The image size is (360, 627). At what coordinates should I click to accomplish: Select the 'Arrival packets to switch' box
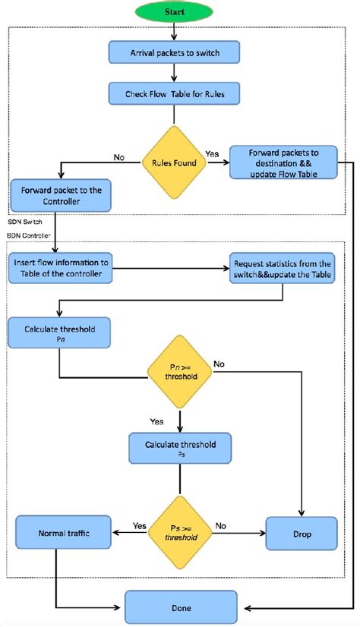pyautogui.click(x=175, y=52)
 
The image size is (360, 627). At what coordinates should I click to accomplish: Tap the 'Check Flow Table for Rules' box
pyautogui.click(x=175, y=95)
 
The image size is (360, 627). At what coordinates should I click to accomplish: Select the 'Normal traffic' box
pyautogui.click(x=64, y=534)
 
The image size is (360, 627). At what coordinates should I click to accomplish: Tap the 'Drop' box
pyautogui.click(x=301, y=534)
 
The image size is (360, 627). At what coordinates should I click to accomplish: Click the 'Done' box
pyautogui.click(x=180, y=608)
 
